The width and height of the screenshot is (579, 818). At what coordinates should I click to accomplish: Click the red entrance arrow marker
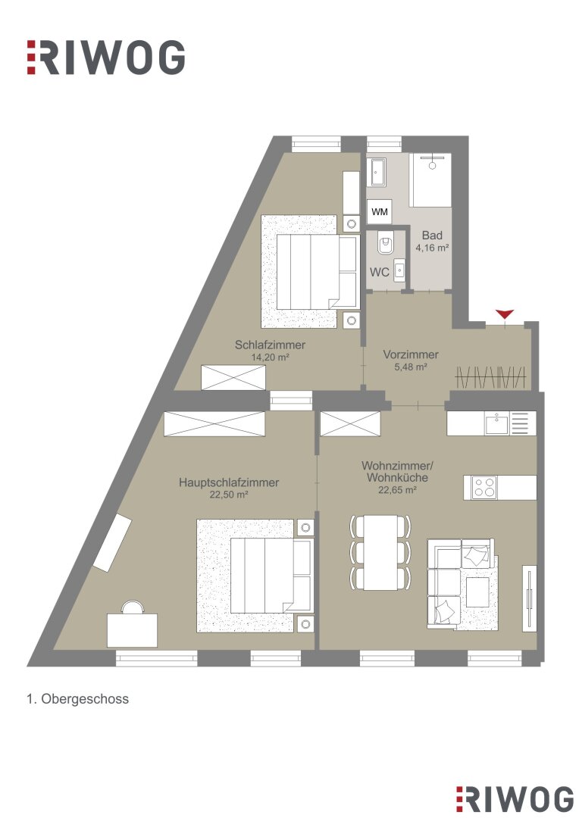click(504, 314)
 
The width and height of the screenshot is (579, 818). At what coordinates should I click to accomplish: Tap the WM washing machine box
click(379, 212)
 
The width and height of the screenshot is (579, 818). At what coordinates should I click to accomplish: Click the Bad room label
click(432, 236)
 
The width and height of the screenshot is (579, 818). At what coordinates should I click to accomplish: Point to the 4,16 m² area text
click(432, 248)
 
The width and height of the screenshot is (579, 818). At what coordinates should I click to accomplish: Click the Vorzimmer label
click(411, 354)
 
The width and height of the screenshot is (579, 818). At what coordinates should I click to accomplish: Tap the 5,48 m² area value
click(411, 367)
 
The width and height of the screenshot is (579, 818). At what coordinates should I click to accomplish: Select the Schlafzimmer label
click(270, 345)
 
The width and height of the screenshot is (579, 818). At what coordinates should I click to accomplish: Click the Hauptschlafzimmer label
click(229, 482)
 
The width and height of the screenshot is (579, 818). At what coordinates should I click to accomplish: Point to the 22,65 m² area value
click(397, 490)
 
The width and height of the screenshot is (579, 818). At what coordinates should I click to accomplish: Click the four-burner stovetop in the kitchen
click(484, 487)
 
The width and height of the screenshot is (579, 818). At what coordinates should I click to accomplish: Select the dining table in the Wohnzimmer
click(380, 552)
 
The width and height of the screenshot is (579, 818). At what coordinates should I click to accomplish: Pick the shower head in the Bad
click(432, 165)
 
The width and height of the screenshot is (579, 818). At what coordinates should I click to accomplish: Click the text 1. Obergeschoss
click(78, 698)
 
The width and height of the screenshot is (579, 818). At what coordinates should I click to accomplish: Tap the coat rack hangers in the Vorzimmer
click(490, 376)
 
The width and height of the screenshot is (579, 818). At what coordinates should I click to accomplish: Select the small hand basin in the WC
click(399, 270)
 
